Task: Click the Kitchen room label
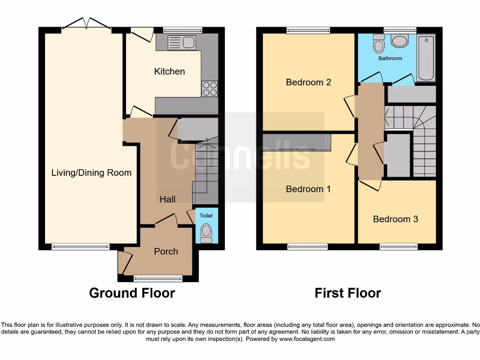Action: pyautogui.click(x=169, y=71)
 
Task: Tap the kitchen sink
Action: pyautogui.click(x=181, y=42)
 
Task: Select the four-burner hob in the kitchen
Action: pyautogui.click(x=210, y=89)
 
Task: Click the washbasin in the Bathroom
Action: pyautogui.click(x=399, y=41)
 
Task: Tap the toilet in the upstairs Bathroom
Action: pyautogui.click(x=379, y=44)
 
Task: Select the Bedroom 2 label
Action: pyautogui.click(x=308, y=82)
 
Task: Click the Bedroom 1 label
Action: pyautogui.click(x=308, y=189)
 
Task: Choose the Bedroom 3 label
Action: pyautogui.click(x=395, y=219)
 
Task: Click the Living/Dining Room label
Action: pyautogui.click(x=91, y=172)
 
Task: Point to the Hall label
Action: pyautogui.click(x=167, y=199)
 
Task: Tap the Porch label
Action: pyautogui.click(x=166, y=251)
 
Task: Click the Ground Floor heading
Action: pyautogui.click(x=132, y=293)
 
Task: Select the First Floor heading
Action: pyautogui.click(x=347, y=293)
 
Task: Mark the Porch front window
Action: pyautogui.click(x=157, y=278)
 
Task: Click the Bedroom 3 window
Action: pyautogui.click(x=398, y=246)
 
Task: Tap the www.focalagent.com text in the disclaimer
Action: pyautogui.click(x=307, y=339)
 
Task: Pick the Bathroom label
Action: pyautogui.click(x=390, y=59)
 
